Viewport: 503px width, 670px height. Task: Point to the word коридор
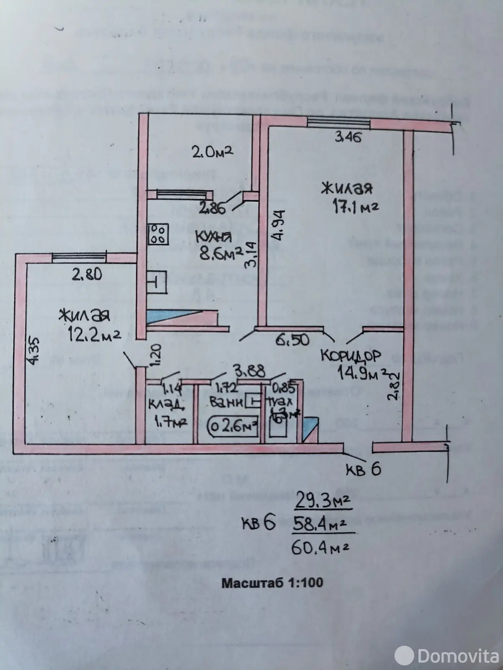[351, 356]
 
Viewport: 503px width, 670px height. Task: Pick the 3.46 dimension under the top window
[348, 137]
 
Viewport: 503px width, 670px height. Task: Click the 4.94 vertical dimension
[276, 224]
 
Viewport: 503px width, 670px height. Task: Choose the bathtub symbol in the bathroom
[232, 428]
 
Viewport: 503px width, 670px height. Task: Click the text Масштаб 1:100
[272, 582]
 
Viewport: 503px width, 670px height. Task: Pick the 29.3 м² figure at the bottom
[322, 500]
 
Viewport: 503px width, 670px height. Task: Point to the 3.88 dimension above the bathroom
[245, 371]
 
